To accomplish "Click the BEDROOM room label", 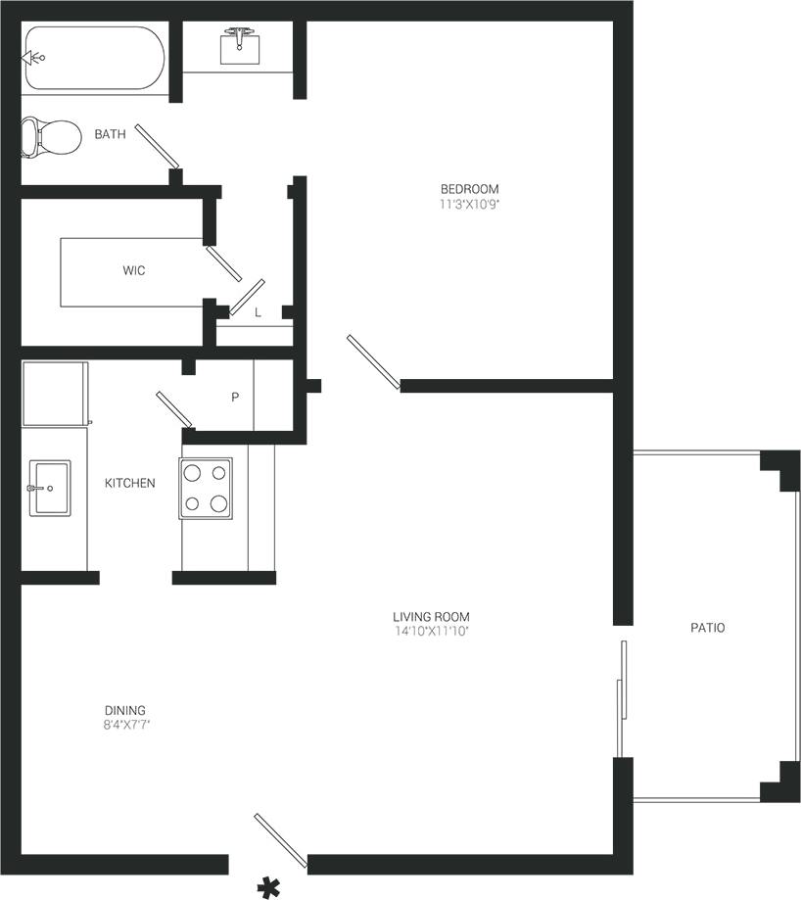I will tap(469, 189).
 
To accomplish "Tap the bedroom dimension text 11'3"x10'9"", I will tap(469, 205).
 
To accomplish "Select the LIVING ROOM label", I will tap(431, 617).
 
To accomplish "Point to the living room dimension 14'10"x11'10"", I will tap(431, 632).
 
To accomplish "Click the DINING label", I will tap(125, 710).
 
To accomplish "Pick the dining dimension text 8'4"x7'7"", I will tap(125, 726).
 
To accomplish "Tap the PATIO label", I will tap(707, 628).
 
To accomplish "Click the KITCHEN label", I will tap(129, 483).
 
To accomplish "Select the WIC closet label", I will tap(134, 270).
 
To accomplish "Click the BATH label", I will tap(110, 134).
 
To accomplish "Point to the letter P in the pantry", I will tap(235, 398).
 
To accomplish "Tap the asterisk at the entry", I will tap(266, 887).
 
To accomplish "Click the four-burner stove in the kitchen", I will tap(206, 488).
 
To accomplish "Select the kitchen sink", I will tap(49, 488).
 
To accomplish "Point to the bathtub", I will tap(95, 59).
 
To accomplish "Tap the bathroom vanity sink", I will tap(239, 45).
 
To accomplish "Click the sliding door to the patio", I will tap(620, 698).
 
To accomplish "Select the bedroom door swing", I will tap(372, 361).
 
